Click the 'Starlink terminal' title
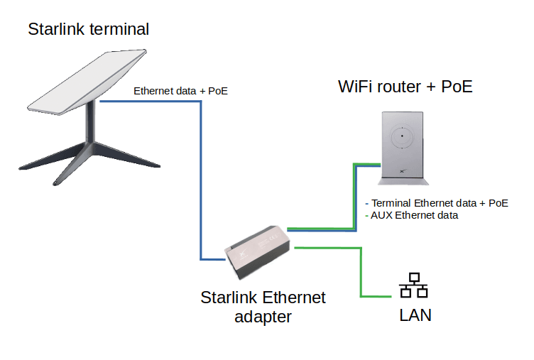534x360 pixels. tap(88, 29)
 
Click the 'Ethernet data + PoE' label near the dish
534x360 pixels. tap(180, 91)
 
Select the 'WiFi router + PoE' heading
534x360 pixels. tap(405, 87)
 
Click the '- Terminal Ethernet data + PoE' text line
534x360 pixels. tap(436, 202)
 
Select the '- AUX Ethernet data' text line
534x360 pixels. tap(411, 214)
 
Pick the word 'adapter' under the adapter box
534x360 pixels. tap(263, 317)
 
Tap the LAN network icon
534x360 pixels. tap(413, 285)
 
